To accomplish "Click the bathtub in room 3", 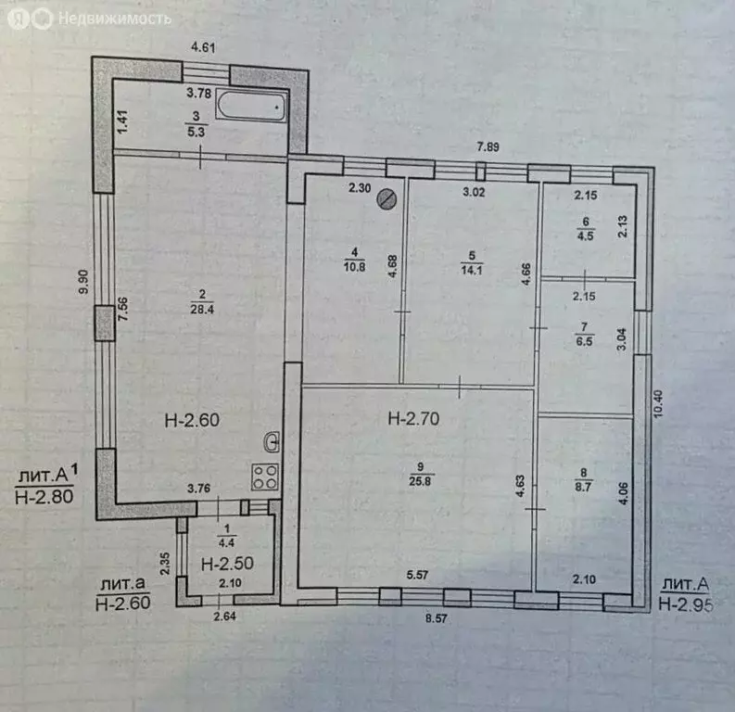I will click(251, 108).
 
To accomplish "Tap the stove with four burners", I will click(266, 477).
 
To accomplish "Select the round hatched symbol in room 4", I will click(390, 197).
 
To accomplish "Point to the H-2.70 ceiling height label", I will click(413, 419).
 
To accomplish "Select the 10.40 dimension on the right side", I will click(657, 405).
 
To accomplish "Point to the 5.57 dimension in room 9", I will click(415, 576).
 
